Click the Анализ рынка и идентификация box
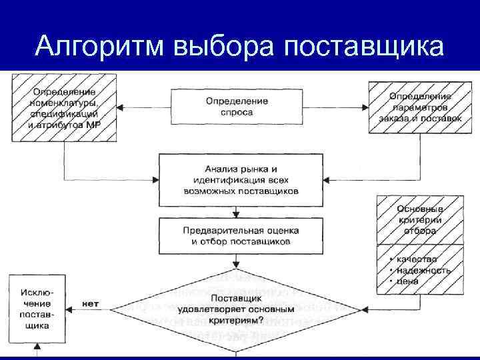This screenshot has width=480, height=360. [241, 180]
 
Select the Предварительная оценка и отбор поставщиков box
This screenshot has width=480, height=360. [241, 235]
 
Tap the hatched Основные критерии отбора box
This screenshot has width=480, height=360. [419, 220]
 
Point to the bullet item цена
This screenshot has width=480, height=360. [408, 281]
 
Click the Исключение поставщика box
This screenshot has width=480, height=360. [38, 308]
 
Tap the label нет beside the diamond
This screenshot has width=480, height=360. [90, 304]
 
